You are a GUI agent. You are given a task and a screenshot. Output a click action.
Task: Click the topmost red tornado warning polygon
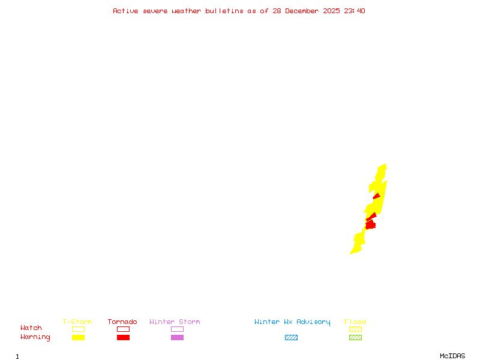pos(377,196)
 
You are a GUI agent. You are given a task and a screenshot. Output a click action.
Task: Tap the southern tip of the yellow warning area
pos(352,253)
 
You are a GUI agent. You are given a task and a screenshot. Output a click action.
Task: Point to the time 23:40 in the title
pos(354,11)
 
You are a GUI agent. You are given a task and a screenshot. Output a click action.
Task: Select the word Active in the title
pos(126,11)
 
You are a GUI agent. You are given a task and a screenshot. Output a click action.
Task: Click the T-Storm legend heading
pos(77,322)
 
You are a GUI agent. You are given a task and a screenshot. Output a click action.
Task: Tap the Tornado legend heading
pos(122,322)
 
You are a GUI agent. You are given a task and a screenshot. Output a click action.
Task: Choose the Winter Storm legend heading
pos(175,322)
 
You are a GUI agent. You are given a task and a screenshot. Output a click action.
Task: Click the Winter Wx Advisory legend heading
pos(292,322)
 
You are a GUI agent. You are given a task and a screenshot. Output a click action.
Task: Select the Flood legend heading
pos(355,322)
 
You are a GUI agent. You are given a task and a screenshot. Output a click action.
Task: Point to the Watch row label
pos(31,328)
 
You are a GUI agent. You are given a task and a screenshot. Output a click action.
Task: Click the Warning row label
pos(35,337)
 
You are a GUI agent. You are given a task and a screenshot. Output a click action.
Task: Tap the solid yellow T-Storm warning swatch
pos(78,338)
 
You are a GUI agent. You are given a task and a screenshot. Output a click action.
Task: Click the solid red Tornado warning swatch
pos(123,338)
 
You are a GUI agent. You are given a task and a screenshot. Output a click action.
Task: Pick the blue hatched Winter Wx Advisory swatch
pos(291,338)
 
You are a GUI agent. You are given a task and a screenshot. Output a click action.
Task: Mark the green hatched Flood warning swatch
pos(355,338)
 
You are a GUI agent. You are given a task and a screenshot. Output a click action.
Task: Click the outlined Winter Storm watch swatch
pos(177,329)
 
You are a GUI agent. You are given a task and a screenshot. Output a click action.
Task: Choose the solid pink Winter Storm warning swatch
pos(177,338)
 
